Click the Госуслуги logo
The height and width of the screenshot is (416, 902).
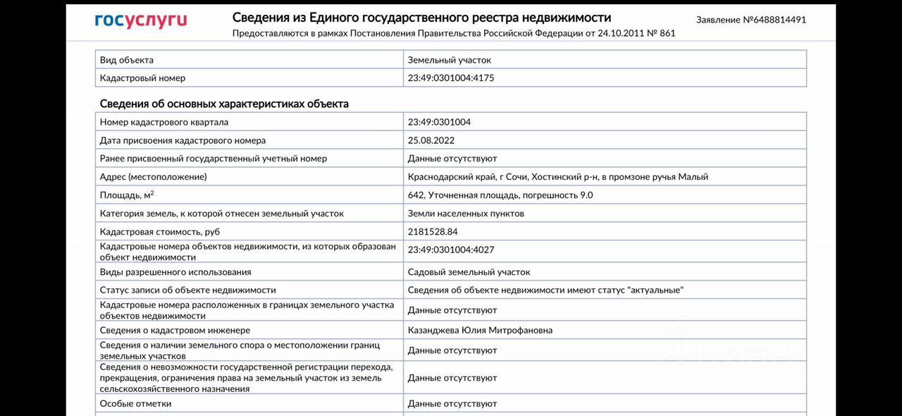pyautogui.click(x=141, y=20)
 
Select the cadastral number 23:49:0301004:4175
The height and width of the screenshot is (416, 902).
pyautogui.click(x=451, y=78)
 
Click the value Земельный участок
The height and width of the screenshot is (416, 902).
pyautogui.click(x=450, y=60)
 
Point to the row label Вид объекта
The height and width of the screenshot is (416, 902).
pyautogui.click(x=127, y=60)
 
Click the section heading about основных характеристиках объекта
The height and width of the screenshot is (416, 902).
pyautogui.click(x=224, y=104)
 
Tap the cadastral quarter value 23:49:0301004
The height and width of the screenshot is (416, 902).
pyautogui.click(x=439, y=122)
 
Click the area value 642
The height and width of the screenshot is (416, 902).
pyautogui.click(x=416, y=195)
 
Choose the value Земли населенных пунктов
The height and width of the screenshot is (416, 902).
pyautogui.click(x=466, y=214)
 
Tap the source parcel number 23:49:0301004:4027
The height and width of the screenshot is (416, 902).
pyautogui.click(x=451, y=250)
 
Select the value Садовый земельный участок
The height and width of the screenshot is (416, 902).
pyautogui.click(x=469, y=272)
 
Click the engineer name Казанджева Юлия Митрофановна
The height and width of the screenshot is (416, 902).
pyautogui.click(x=480, y=330)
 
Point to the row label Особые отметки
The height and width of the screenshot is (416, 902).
pyautogui.click(x=135, y=403)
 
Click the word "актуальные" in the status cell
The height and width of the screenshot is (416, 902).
pyautogui.click(x=655, y=290)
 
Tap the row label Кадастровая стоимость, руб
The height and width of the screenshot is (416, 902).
pyautogui.click(x=160, y=232)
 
